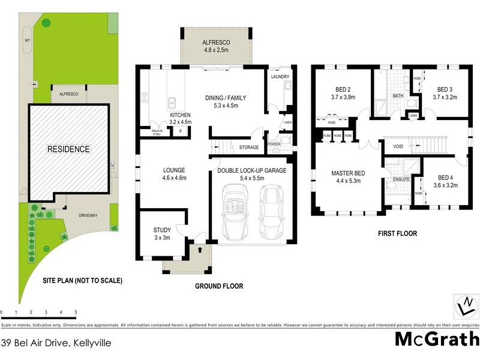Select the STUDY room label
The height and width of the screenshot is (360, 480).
[x=162, y=230]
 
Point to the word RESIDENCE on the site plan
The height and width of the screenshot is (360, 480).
[x=69, y=149]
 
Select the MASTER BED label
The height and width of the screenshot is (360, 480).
[x=348, y=173]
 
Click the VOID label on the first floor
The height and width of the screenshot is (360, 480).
[x=398, y=146]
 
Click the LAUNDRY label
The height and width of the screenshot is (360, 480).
[x=280, y=77]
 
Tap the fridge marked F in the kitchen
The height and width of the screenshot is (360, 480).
[x=181, y=131]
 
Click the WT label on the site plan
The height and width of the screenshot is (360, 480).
[x=26, y=40]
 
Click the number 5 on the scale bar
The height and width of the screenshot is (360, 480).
[x=76, y=312]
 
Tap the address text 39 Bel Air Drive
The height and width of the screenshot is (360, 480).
[x=56, y=343]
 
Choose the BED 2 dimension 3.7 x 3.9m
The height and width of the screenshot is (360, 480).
[x=344, y=97]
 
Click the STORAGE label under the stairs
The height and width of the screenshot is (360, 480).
[x=249, y=147]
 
